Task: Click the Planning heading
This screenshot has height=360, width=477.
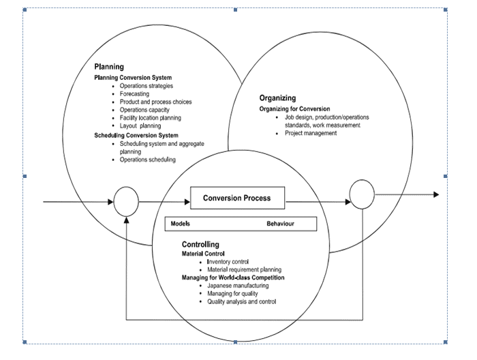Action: [x=109, y=67]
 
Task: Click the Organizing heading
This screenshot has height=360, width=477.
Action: [x=277, y=97]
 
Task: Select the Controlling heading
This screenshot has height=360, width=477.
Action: [x=200, y=244]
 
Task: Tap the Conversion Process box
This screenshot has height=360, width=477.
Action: [x=236, y=198]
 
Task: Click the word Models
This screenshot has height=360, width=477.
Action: [x=181, y=224]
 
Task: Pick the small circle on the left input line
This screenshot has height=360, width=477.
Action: [x=126, y=202]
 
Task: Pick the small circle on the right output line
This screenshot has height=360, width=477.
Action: [x=362, y=195]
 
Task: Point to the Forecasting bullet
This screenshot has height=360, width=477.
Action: [x=138, y=94]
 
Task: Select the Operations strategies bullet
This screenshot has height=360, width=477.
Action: [x=146, y=86]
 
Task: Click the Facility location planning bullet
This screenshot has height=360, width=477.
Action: [x=150, y=118]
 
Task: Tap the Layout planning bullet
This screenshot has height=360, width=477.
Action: [x=140, y=126]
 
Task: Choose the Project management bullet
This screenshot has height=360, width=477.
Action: [x=311, y=134]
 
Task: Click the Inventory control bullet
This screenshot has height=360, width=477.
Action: [x=228, y=262]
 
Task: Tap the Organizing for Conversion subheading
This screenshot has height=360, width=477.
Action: [x=294, y=108]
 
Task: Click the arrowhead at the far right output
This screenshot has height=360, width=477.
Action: [x=435, y=195]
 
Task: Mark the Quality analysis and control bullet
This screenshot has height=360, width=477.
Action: [x=241, y=301]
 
